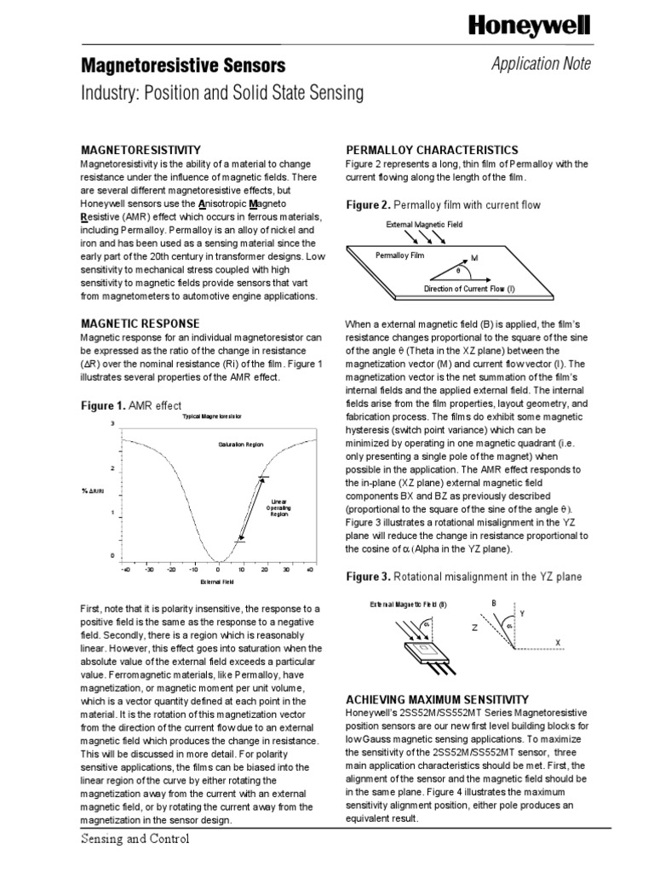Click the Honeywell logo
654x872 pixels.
click(x=530, y=28)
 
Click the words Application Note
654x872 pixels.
click(x=540, y=65)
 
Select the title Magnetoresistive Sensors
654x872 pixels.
click(x=183, y=66)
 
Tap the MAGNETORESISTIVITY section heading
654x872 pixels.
click(x=141, y=149)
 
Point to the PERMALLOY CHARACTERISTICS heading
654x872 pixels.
click(x=431, y=149)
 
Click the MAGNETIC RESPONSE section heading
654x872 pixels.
click(x=140, y=324)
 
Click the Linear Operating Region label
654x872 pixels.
click(x=280, y=508)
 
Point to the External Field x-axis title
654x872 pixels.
click(x=216, y=582)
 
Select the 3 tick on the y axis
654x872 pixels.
click(x=112, y=423)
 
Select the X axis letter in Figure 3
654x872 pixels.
click(x=557, y=640)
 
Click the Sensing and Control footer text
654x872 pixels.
click(x=135, y=839)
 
